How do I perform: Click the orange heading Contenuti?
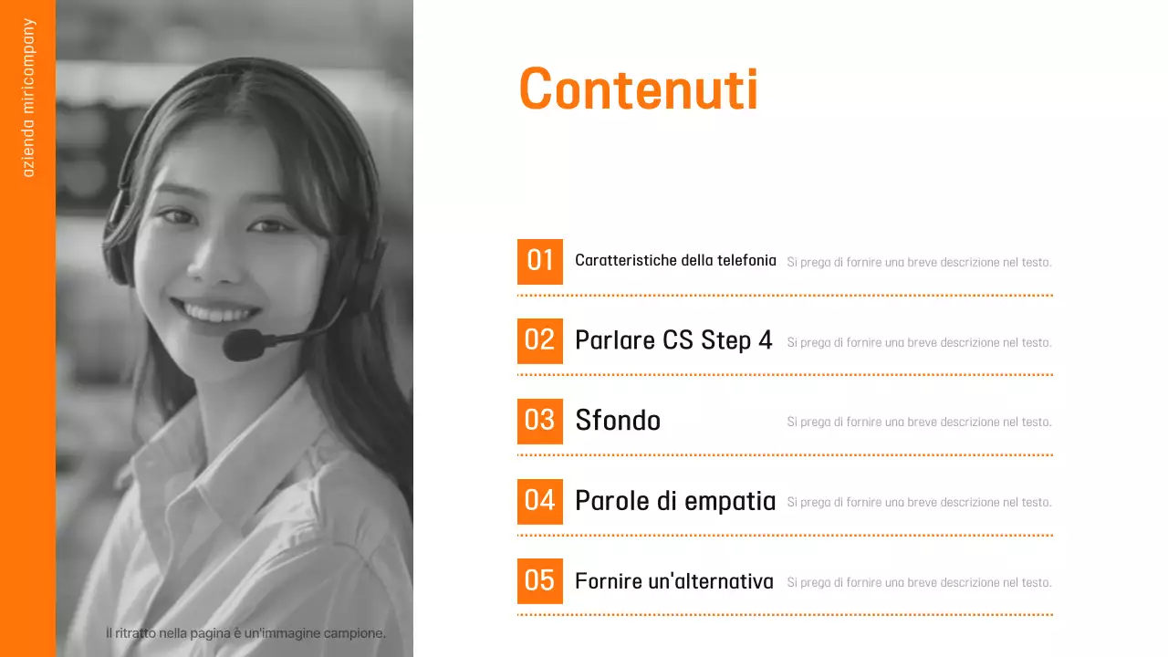[638, 89]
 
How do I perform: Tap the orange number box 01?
[540, 261]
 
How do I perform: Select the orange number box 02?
[540, 340]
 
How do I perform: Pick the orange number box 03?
[540, 421]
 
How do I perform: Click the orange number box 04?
[540, 501]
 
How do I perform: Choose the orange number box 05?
[540, 580]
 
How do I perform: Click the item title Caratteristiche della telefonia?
[675, 261]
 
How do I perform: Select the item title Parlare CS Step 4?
[673, 340]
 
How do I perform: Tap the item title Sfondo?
[618, 421]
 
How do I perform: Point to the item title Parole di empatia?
[675, 501]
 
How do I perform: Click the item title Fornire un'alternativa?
[674, 581]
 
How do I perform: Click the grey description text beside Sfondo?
[919, 422]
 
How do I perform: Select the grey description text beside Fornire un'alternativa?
[919, 582]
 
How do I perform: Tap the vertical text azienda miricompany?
[28, 98]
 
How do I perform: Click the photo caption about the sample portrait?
[245, 633]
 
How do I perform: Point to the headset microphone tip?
[241, 345]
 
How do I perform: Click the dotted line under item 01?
[785, 296]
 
